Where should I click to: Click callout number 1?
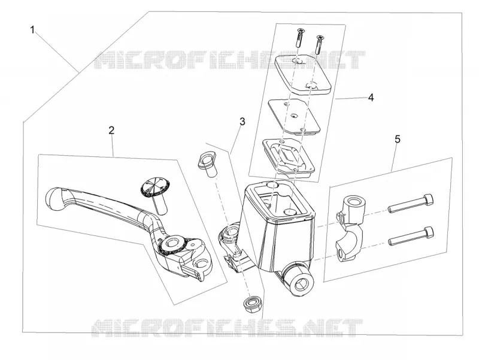32,31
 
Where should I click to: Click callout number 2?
111,131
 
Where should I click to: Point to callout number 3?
242,122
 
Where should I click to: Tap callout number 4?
371,98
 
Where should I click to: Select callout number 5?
397,139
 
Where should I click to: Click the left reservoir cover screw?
299,37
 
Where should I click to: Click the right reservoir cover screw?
320,44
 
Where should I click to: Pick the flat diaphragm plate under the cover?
294,116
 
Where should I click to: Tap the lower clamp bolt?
411,236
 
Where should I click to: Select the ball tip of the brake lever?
56,199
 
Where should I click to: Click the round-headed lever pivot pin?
155,195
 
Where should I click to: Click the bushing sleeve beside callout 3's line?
207,165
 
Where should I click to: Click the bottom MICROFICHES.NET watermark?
227,327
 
